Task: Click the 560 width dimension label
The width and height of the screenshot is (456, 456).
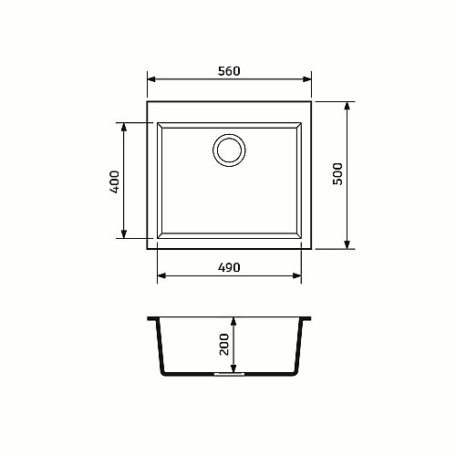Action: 229,71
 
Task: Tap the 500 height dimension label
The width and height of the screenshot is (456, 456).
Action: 337,174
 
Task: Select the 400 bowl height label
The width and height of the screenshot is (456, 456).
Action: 115,181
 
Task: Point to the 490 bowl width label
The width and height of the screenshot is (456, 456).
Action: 229,267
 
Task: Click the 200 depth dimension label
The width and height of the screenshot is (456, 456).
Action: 224,344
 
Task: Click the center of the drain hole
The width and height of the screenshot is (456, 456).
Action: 229,150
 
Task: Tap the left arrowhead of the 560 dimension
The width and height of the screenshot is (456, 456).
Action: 151,79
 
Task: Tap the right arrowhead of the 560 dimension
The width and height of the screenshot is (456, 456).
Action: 307,79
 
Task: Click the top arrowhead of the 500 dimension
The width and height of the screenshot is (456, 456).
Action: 347,106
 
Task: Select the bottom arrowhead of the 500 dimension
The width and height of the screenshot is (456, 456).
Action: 347,244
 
